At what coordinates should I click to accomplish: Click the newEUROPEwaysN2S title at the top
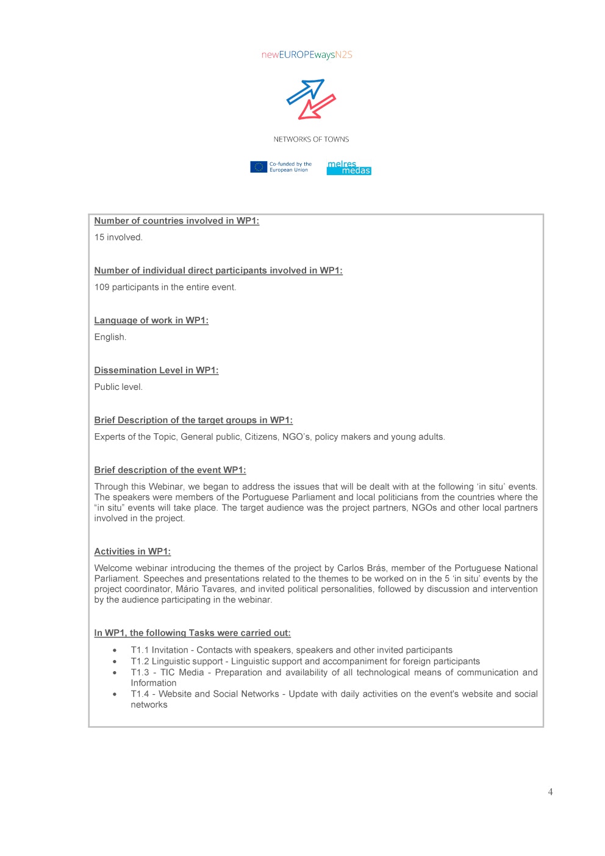(x=307, y=55)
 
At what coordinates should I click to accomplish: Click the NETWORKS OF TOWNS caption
(x=311, y=139)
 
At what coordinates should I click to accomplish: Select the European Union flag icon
(x=259, y=167)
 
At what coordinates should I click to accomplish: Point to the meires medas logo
(x=349, y=167)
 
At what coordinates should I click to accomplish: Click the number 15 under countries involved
(x=99, y=237)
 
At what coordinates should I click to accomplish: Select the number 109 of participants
(x=102, y=287)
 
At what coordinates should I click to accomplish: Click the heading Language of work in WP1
(x=151, y=320)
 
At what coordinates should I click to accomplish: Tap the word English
(x=110, y=337)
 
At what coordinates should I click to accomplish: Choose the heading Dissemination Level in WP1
(x=156, y=370)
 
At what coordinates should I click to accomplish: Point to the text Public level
(x=118, y=387)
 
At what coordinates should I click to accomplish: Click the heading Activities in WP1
(x=132, y=552)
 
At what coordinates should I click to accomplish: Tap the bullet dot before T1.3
(x=115, y=672)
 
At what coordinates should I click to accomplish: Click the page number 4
(x=550, y=792)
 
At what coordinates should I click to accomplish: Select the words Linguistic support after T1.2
(x=187, y=661)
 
